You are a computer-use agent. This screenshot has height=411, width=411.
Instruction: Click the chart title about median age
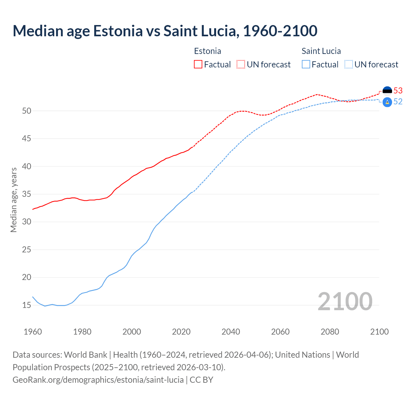[x=165, y=31]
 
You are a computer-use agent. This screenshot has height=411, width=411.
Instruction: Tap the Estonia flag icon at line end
[x=387, y=91]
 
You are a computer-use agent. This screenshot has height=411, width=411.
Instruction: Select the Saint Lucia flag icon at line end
[x=387, y=102]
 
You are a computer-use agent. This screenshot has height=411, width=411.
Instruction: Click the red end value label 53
[x=398, y=91]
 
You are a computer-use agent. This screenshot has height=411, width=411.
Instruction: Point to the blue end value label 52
[x=398, y=101]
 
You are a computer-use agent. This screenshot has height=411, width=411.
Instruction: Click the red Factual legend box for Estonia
[x=198, y=65]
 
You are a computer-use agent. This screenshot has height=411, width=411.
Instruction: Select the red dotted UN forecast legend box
[x=241, y=65]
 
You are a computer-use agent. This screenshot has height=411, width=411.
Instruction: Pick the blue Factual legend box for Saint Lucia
[x=306, y=65]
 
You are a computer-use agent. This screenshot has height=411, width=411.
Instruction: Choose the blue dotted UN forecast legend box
[x=349, y=65]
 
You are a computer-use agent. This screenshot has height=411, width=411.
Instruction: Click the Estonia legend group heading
[x=207, y=51]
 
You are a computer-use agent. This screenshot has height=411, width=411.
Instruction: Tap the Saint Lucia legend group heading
[x=321, y=51]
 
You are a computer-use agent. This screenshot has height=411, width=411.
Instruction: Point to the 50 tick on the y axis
[x=27, y=111]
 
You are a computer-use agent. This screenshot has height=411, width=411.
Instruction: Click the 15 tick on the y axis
[x=27, y=305]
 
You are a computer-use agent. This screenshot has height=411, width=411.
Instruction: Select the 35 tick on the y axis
[x=27, y=194]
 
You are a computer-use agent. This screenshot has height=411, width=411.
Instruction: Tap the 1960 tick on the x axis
[x=33, y=332]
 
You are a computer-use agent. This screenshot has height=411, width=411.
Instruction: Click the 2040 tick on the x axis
[x=231, y=332]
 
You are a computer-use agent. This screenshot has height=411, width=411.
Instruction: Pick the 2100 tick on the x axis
[x=379, y=332]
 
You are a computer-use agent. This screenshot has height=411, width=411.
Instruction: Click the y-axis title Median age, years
[x=13, y=200]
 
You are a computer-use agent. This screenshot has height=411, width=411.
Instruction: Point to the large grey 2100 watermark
[x=345, y=302]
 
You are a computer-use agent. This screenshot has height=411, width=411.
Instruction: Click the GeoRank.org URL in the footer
[x=98, y=380]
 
